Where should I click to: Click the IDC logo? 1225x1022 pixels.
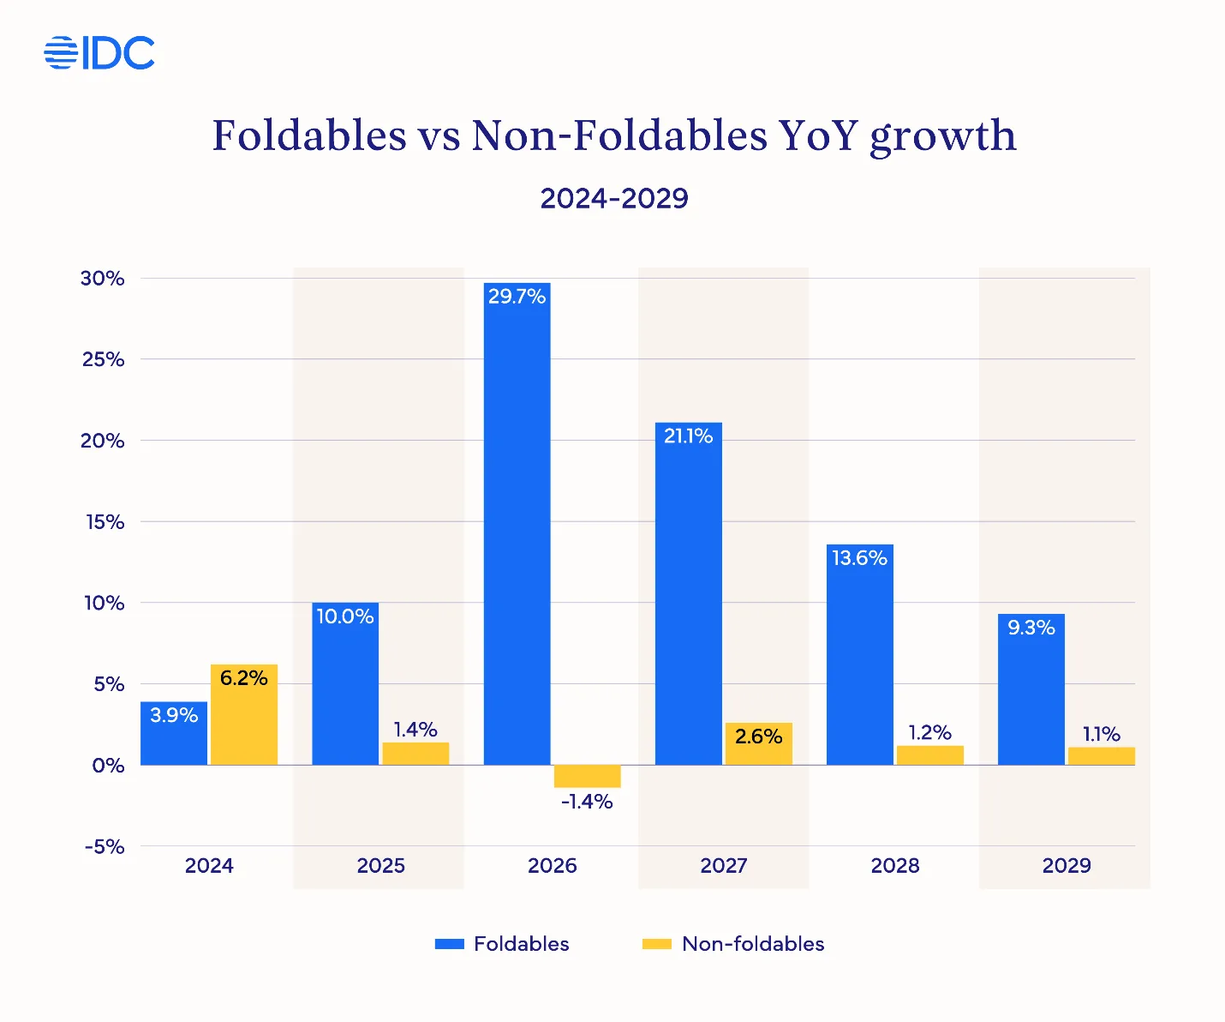pos(99,53)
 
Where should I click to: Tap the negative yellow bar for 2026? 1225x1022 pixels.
pos(587,776)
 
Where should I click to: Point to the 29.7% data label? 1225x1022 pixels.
pos(517,297)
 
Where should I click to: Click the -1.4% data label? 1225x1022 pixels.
pos(587,802)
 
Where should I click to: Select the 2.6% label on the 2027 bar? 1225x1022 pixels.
pos(758,736)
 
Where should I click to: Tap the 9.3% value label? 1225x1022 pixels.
pos(1031,628)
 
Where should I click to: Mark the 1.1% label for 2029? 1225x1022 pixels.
pos(1101,734)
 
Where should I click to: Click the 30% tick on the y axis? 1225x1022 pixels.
pos(103,279)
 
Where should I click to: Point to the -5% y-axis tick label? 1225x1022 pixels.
pos(105,847)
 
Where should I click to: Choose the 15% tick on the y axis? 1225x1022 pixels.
pos(105,522)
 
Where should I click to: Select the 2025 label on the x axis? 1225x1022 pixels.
pos(380,866)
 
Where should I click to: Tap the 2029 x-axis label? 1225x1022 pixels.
pos(1066,866)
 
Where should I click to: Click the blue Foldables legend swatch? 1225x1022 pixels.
pos(449,944)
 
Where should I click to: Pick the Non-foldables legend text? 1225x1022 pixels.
pos(753,944)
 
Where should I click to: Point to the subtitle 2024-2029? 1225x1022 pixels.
pos(614,198)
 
